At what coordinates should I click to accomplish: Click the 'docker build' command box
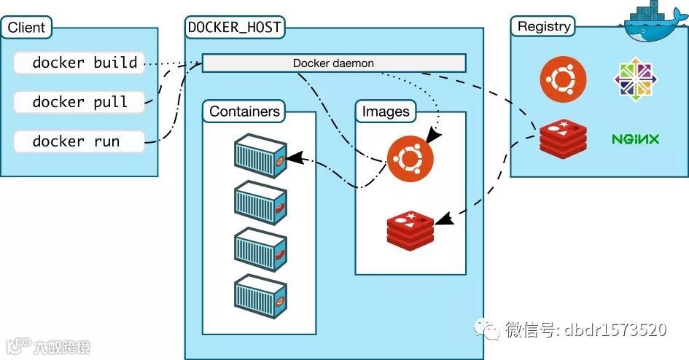coord(79,63)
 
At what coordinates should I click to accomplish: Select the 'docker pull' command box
coord(79,102)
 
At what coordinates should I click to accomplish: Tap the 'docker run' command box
coord(79,141)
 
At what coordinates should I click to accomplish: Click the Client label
coord(26,27)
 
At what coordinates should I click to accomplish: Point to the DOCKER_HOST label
coord(234,27)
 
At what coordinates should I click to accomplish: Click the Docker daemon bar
coord(333,63)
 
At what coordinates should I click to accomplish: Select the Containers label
coord(244,111)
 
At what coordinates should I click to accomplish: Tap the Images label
coord(386,111)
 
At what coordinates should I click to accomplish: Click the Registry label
coord(544,26)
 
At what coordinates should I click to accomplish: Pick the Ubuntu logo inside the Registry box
coord(563,79)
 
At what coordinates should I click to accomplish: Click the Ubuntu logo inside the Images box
coord(410,158)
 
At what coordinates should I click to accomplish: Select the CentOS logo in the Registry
coord(635,79)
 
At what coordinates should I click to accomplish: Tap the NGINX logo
coord(635,140)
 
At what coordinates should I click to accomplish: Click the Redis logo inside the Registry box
coord(564,138)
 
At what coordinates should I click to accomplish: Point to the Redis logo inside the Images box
coord(410,230)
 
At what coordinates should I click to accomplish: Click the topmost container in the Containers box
coord(260,156)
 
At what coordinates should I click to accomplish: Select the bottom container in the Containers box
coord(260,297)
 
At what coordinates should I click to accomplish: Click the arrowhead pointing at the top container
coord(295,158)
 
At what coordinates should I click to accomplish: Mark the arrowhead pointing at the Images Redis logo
coord(444,219)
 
